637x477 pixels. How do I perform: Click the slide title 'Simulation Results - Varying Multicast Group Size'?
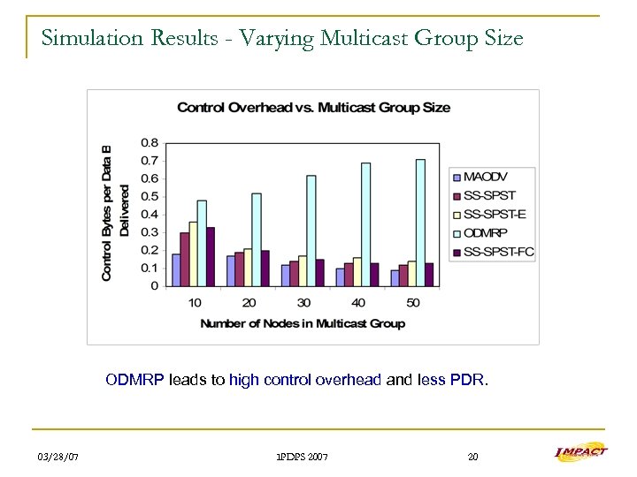click(281, 39)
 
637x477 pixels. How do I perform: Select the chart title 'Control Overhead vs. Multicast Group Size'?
click(313, 108)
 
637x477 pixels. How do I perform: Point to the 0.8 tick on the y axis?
click(150, 142)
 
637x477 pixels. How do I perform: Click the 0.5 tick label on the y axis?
click(150, 196)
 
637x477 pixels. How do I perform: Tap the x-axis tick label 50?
click(413, 303)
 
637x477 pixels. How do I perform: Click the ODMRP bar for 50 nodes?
click(420, 223)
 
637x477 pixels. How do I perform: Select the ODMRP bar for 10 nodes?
click(202, 243)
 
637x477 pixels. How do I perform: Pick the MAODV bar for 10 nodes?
click(176, 269)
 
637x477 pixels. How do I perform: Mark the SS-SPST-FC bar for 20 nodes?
click(265, 268)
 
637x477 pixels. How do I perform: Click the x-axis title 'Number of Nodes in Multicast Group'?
click(303, 324)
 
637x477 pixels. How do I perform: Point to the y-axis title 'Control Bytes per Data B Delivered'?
click(115, 213)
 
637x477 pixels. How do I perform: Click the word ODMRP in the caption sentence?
click(134, 381)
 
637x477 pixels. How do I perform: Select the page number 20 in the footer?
click(472, 457)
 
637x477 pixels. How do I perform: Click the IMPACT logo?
click(580, 453)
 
